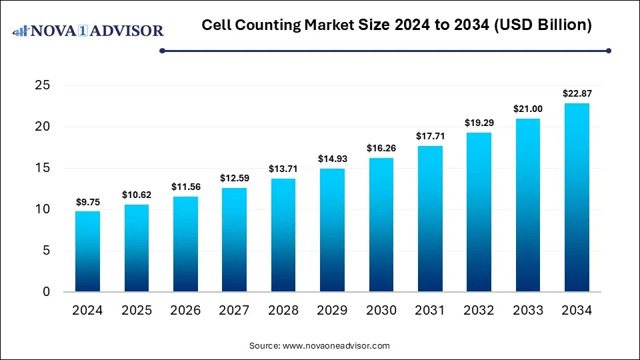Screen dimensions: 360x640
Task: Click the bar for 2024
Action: tap(87, 251)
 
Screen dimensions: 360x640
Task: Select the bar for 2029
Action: tap(332, 230)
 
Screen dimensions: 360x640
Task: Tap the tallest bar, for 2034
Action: tap(577, 197)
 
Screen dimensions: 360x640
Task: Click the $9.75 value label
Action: tap(87, 201)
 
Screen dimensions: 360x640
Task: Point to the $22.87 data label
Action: tap(577, 93)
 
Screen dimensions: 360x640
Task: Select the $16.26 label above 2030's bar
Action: tap(381, 147)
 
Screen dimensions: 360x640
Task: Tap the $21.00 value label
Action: tap(528, 108)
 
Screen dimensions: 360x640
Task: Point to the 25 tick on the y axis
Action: tap(42, 85)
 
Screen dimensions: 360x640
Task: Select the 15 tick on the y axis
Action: tap(42, 168)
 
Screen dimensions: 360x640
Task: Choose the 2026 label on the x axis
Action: tap(185, 311)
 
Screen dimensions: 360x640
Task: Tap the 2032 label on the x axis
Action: tap(479, 311)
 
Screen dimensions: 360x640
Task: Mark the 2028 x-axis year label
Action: tap(283, 311)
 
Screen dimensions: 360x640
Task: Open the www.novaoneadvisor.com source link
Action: tap(336, 346)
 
